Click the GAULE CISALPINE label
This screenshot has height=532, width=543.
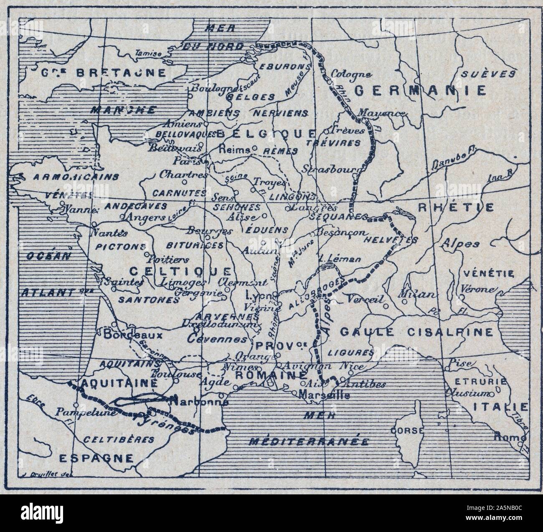(x=416, y=332)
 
